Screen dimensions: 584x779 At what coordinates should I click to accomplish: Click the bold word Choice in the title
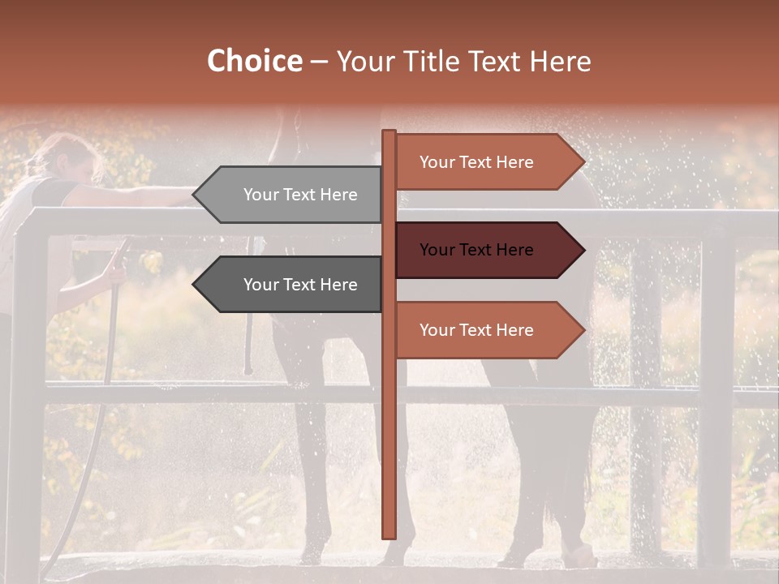[254, 61]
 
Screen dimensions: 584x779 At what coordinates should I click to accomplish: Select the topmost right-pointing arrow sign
[487, 162]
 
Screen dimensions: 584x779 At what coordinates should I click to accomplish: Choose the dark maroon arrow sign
[487, 250]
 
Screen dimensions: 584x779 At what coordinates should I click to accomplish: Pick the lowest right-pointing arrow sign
[487, 330]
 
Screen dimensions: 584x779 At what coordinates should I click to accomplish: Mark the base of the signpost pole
[389, 534]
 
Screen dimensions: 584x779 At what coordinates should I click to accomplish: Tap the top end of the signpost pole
[389, 133]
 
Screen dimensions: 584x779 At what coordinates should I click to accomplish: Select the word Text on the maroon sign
[476, 250]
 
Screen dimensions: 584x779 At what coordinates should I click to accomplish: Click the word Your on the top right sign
[437, 162]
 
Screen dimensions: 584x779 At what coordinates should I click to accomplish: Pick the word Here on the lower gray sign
[338, 285]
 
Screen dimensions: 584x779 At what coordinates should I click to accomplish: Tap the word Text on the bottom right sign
[476, 330]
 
